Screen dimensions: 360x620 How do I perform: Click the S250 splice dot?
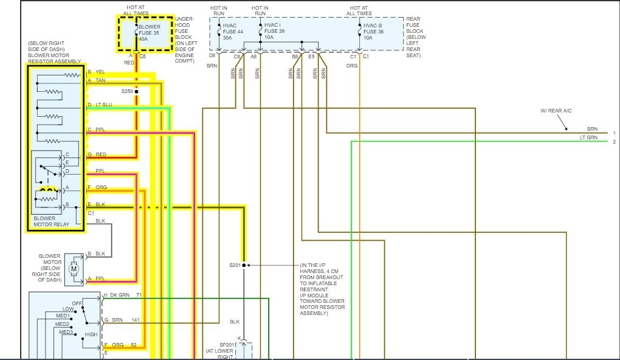click(137, 91)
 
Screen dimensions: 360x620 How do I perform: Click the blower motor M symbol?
click(74, 267)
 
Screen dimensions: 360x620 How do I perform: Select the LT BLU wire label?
click(103, 105)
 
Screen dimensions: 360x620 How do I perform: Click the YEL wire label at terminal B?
click(100, 72)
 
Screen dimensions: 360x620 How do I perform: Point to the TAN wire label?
click(100, 80)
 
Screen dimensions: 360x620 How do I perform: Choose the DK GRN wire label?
click(121, 295)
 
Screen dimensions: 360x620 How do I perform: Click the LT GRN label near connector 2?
click(588, 138)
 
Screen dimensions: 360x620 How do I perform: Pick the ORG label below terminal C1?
click(353, 64)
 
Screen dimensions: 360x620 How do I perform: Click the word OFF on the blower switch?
click(77, 303)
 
